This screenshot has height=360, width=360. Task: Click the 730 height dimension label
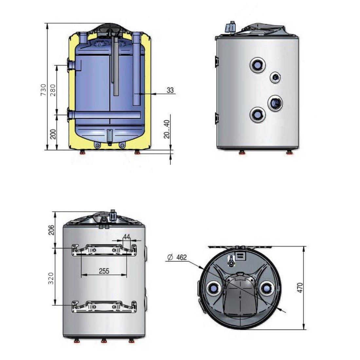pos(43,90)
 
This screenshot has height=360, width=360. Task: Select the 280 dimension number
pos(53,90)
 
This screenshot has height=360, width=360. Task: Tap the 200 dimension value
pos(53,134)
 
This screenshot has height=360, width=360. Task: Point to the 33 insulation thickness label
pos(170,90)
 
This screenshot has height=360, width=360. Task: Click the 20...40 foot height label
pos(167,129)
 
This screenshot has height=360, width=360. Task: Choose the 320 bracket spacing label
pos(51,278)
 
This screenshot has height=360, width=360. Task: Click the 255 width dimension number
pos(104,271)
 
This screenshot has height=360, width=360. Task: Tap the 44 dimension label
pos(127,237)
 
